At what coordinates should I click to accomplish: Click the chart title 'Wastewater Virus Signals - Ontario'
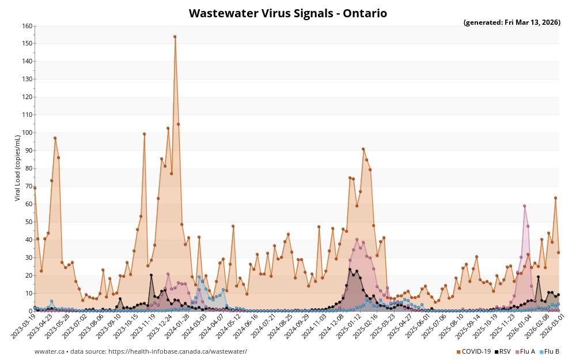pos(287,13)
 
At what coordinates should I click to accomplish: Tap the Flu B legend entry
pos(551,351)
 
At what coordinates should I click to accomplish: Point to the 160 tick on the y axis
pos(27,26)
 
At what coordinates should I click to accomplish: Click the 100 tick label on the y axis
pos(27,133)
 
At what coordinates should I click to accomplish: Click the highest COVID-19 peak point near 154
pos(175,37)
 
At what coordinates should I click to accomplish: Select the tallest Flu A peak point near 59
pos(524,206)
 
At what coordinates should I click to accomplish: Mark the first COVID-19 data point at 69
pos(35,188)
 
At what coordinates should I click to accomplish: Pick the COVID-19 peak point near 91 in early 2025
pos(363,149)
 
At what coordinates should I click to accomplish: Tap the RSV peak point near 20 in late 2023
pos(151,275)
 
